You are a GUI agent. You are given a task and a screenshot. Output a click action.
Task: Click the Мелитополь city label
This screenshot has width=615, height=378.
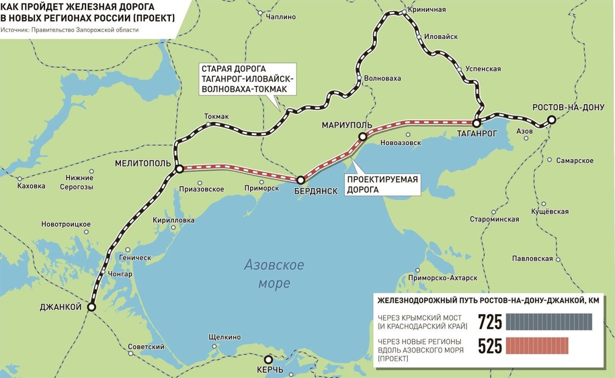click(140, 163)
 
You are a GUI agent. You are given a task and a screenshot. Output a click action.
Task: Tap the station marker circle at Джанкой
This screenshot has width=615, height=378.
click(91, 307)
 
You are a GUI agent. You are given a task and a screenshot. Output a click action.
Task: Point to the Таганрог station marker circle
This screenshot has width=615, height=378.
click(476, 123)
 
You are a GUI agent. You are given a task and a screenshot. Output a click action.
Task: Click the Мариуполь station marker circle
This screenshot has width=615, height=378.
click(362, 136)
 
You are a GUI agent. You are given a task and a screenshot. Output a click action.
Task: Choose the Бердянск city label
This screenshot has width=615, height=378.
click(316, 191)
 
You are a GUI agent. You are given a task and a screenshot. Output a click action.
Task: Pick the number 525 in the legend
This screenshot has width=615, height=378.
click(489, 346)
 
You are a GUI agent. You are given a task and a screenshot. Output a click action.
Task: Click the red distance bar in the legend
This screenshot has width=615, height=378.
click(537, 346)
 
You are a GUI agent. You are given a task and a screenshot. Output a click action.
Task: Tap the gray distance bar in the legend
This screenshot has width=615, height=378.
click(549, 322)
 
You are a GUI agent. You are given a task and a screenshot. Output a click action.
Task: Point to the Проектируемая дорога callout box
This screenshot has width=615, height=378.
click(382, 185)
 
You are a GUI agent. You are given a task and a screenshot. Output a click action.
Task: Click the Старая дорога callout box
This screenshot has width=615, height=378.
click(248, 79)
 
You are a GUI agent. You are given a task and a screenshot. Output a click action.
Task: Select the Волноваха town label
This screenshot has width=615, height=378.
click(382, 78)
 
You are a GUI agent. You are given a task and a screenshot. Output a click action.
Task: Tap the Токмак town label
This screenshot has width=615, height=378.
click(216, 116)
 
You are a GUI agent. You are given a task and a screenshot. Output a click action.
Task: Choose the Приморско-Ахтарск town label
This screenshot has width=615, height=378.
click(444, 278)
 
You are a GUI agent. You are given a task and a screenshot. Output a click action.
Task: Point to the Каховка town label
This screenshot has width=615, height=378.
click(31, 186)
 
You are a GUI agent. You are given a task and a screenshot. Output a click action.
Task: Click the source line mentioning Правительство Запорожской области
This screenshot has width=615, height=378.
click(70, 30)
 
